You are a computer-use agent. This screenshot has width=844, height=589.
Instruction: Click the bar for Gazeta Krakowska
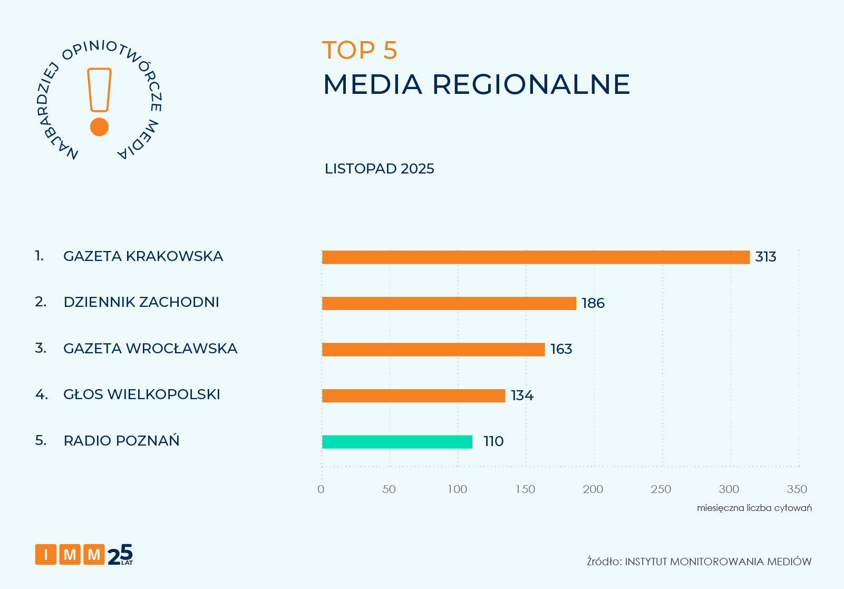(x=536, y=257)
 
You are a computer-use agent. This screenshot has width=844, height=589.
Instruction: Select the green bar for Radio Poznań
(x=397, y=442)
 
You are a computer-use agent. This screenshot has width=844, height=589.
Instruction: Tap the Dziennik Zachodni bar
(x=449, y=303)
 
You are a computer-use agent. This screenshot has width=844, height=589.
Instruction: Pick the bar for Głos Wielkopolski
(x=413, y=395)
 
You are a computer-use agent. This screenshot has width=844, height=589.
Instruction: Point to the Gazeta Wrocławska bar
(x=433, y=350)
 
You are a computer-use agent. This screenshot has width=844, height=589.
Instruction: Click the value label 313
(x=765, y=257)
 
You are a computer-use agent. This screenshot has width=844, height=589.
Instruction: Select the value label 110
(x=493, y=441)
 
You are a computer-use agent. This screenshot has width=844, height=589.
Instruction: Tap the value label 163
(x=561, y=349)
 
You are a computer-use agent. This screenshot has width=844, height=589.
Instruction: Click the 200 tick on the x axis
(x=593, y=489)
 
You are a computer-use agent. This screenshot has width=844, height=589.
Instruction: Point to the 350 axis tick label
(x=797, y=489)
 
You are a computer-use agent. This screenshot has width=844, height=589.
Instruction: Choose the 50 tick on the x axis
(x=389, y=489)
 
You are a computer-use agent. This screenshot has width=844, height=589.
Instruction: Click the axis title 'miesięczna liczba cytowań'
(x=754, y=508)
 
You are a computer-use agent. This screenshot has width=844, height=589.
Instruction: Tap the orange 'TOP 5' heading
(x=360, y=51)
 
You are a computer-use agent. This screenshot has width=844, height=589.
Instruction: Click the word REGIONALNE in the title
(x=531, y=84)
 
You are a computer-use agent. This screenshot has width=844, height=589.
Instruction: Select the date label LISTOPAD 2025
(x=380, y=169)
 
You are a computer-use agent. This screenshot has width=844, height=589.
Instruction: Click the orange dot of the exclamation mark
(x=99, y=127)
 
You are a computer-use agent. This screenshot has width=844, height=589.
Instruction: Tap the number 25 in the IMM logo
(x=120, y=555)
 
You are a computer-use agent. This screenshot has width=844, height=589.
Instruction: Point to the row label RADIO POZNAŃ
(x=121, y=441)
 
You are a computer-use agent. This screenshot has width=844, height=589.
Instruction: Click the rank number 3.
(x=40, y=349)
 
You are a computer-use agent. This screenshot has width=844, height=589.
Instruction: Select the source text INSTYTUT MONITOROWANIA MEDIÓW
(x=718, y=562)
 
